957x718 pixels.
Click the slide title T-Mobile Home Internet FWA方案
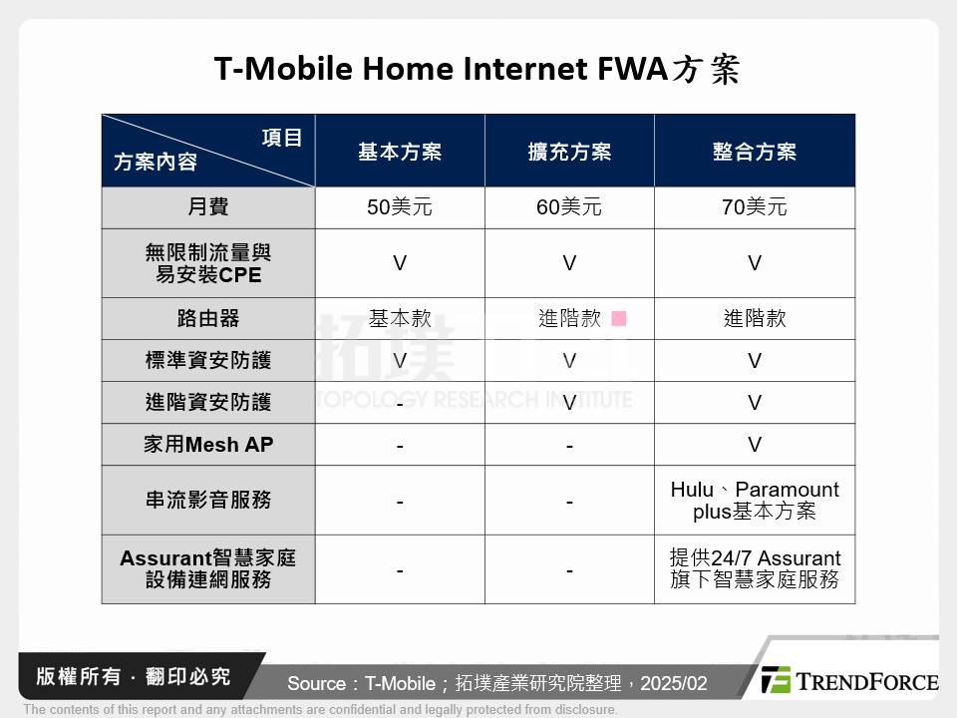(478, 71)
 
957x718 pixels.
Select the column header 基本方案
(400, 152)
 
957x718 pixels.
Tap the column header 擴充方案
(569, 152)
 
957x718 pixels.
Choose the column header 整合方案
(755, 152)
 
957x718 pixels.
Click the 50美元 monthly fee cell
(400, 207)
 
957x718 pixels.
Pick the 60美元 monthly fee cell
(569, 207)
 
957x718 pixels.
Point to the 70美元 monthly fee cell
(755, 207)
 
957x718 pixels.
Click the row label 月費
(208, 207)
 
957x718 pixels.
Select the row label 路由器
(208, 319)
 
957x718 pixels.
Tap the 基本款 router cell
(400, 319)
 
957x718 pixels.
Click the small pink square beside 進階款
(619, 319)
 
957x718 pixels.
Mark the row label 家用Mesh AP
(208, 445)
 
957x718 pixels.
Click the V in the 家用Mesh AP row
(755, 445)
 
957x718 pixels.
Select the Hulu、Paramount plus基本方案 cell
(755, 501)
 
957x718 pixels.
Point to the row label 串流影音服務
(208, 501)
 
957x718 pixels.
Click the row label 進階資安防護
(208, 403)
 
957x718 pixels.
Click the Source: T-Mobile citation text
(496, 683)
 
